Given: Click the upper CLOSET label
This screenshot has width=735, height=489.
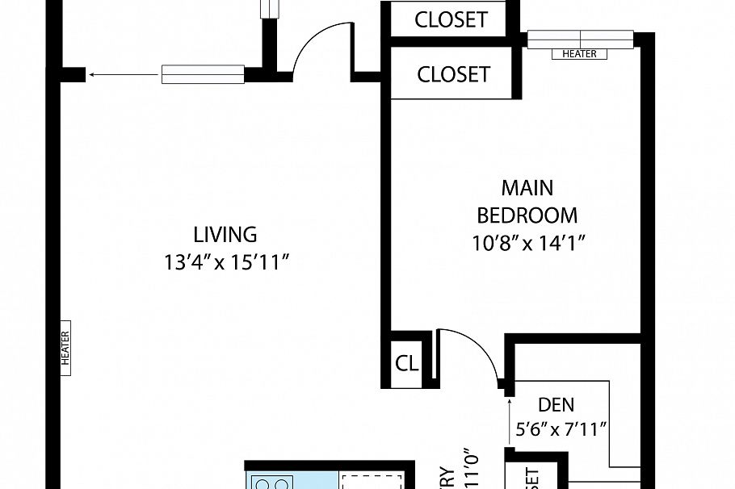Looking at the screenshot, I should pyautogui.click(x=451, y=19).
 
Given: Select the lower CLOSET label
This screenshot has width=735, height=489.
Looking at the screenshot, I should pyautogui.click(x=453, y=74).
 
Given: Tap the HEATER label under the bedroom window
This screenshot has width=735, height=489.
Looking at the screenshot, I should pyautogui.click(x=579, y=54).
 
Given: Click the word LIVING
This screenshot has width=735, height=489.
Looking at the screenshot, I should pyautogui.click(x=225, y=235).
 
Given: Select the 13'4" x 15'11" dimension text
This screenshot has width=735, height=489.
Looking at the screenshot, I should pyautogui.click(x=225, y=263).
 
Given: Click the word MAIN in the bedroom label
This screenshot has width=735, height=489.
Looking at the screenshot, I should pyautogui.click(x=527, y=188).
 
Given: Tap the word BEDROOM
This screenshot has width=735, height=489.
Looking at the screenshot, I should pyautogui.click(x=527, y=215).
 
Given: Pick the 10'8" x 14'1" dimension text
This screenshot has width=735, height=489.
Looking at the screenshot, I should pyautogui.click(x=528, y=243).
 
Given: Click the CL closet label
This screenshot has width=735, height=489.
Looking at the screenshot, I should pyautogui.click(x=407, y=364).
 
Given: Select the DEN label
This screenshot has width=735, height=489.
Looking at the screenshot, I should pyautogui.click(x=556, y=404).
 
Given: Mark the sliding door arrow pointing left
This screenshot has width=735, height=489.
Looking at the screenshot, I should pyautogui.click(x=121, y=74).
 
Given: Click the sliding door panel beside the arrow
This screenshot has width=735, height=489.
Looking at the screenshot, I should pyautogui.click(x=203, y=74).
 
